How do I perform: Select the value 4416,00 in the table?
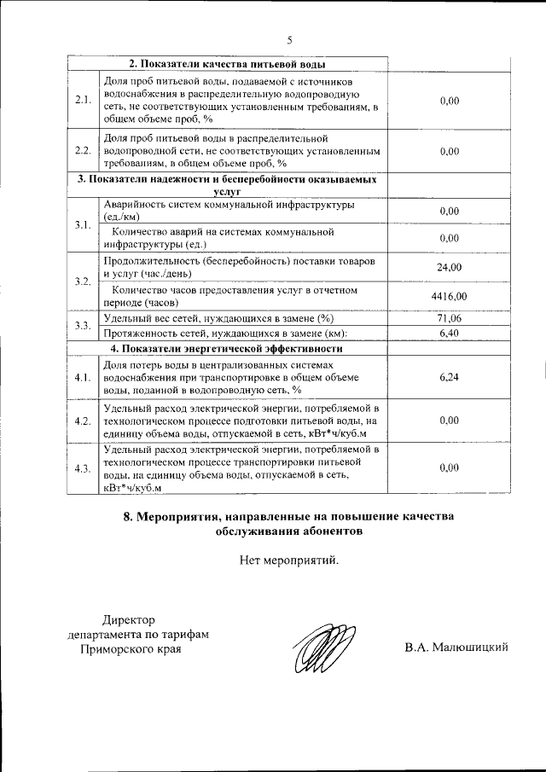(449, 296)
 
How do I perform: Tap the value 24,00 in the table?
(449, 268)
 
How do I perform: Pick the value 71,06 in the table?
(449, 318)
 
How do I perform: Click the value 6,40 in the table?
(449, 333)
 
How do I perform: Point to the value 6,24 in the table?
(449, 377)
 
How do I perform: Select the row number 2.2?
(83, 150)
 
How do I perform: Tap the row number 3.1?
(83, 225)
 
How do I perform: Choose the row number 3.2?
(83, 282)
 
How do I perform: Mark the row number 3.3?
(83, 326)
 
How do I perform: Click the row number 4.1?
(83, 377)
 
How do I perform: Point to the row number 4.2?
(83, 421)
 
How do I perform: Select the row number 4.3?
(83, 468)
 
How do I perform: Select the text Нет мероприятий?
(289, 560)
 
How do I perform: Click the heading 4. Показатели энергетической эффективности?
(227, 348)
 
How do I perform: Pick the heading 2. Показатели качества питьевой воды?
(227, 65)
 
